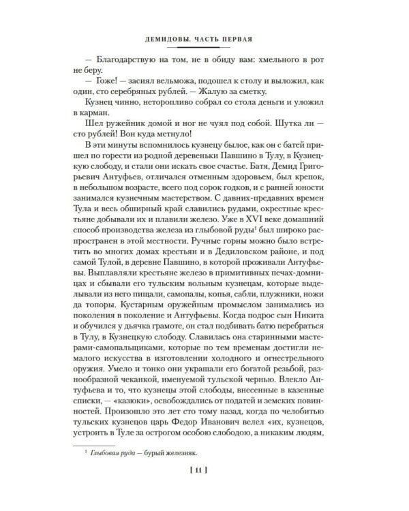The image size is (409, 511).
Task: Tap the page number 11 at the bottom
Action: (201, 469)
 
